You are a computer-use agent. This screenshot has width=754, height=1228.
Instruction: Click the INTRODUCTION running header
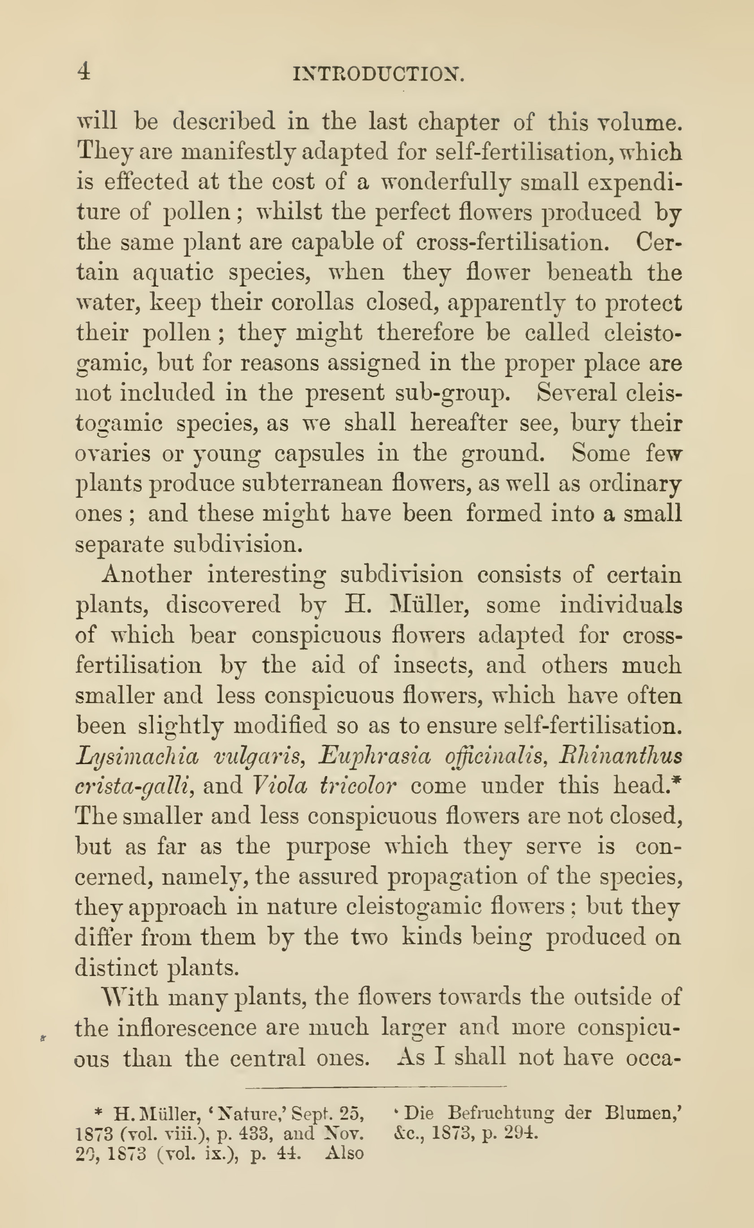click(379, 75)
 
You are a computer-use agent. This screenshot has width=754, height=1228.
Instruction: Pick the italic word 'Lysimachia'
click(138, 757)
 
